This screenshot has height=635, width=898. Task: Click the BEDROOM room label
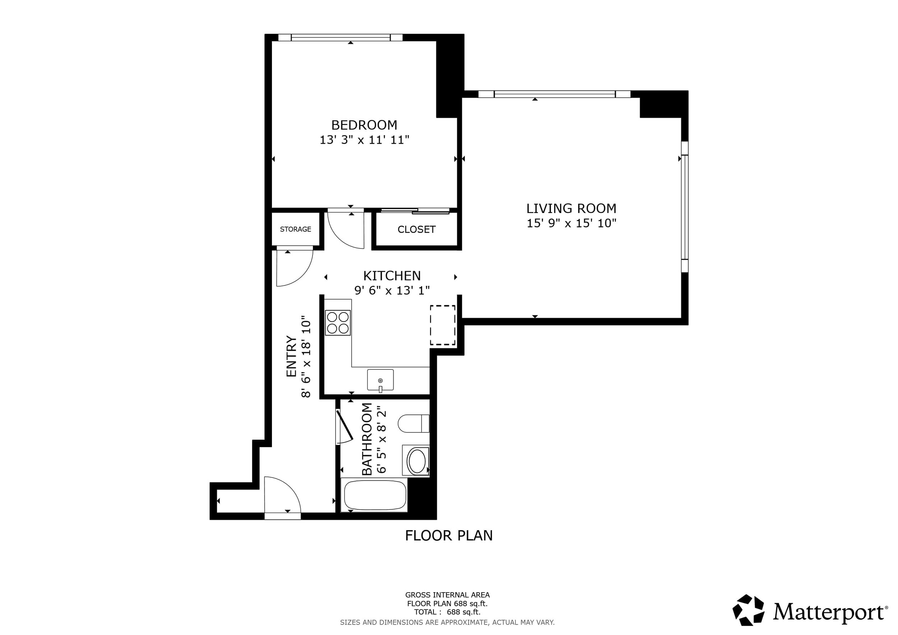coord(364,125)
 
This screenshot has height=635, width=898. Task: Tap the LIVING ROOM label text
coord(571,208)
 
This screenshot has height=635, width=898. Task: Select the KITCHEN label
coord(392,276)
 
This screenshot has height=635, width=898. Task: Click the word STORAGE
coord(295,229)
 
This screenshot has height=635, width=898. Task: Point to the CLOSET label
coord(417,230)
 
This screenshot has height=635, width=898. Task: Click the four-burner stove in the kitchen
coord(338,323)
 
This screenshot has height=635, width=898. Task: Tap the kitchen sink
coord(380,380)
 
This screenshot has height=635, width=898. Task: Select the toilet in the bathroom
coord(413,423)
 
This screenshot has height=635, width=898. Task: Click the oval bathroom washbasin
coord(417,461)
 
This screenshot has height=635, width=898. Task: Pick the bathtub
coord(375,495)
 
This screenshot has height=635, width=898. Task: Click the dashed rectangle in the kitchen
coord(443,325)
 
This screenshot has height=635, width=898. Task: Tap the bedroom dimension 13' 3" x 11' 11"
coord(365,140)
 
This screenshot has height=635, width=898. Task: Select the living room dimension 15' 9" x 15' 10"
coord(571,223)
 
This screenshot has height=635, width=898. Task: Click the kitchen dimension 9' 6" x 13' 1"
coord(392,291)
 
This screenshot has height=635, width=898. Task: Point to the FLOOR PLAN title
coord(449,536)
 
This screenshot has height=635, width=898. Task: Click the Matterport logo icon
coord(749,610)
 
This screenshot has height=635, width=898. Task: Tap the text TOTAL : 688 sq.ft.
coord(448,612)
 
